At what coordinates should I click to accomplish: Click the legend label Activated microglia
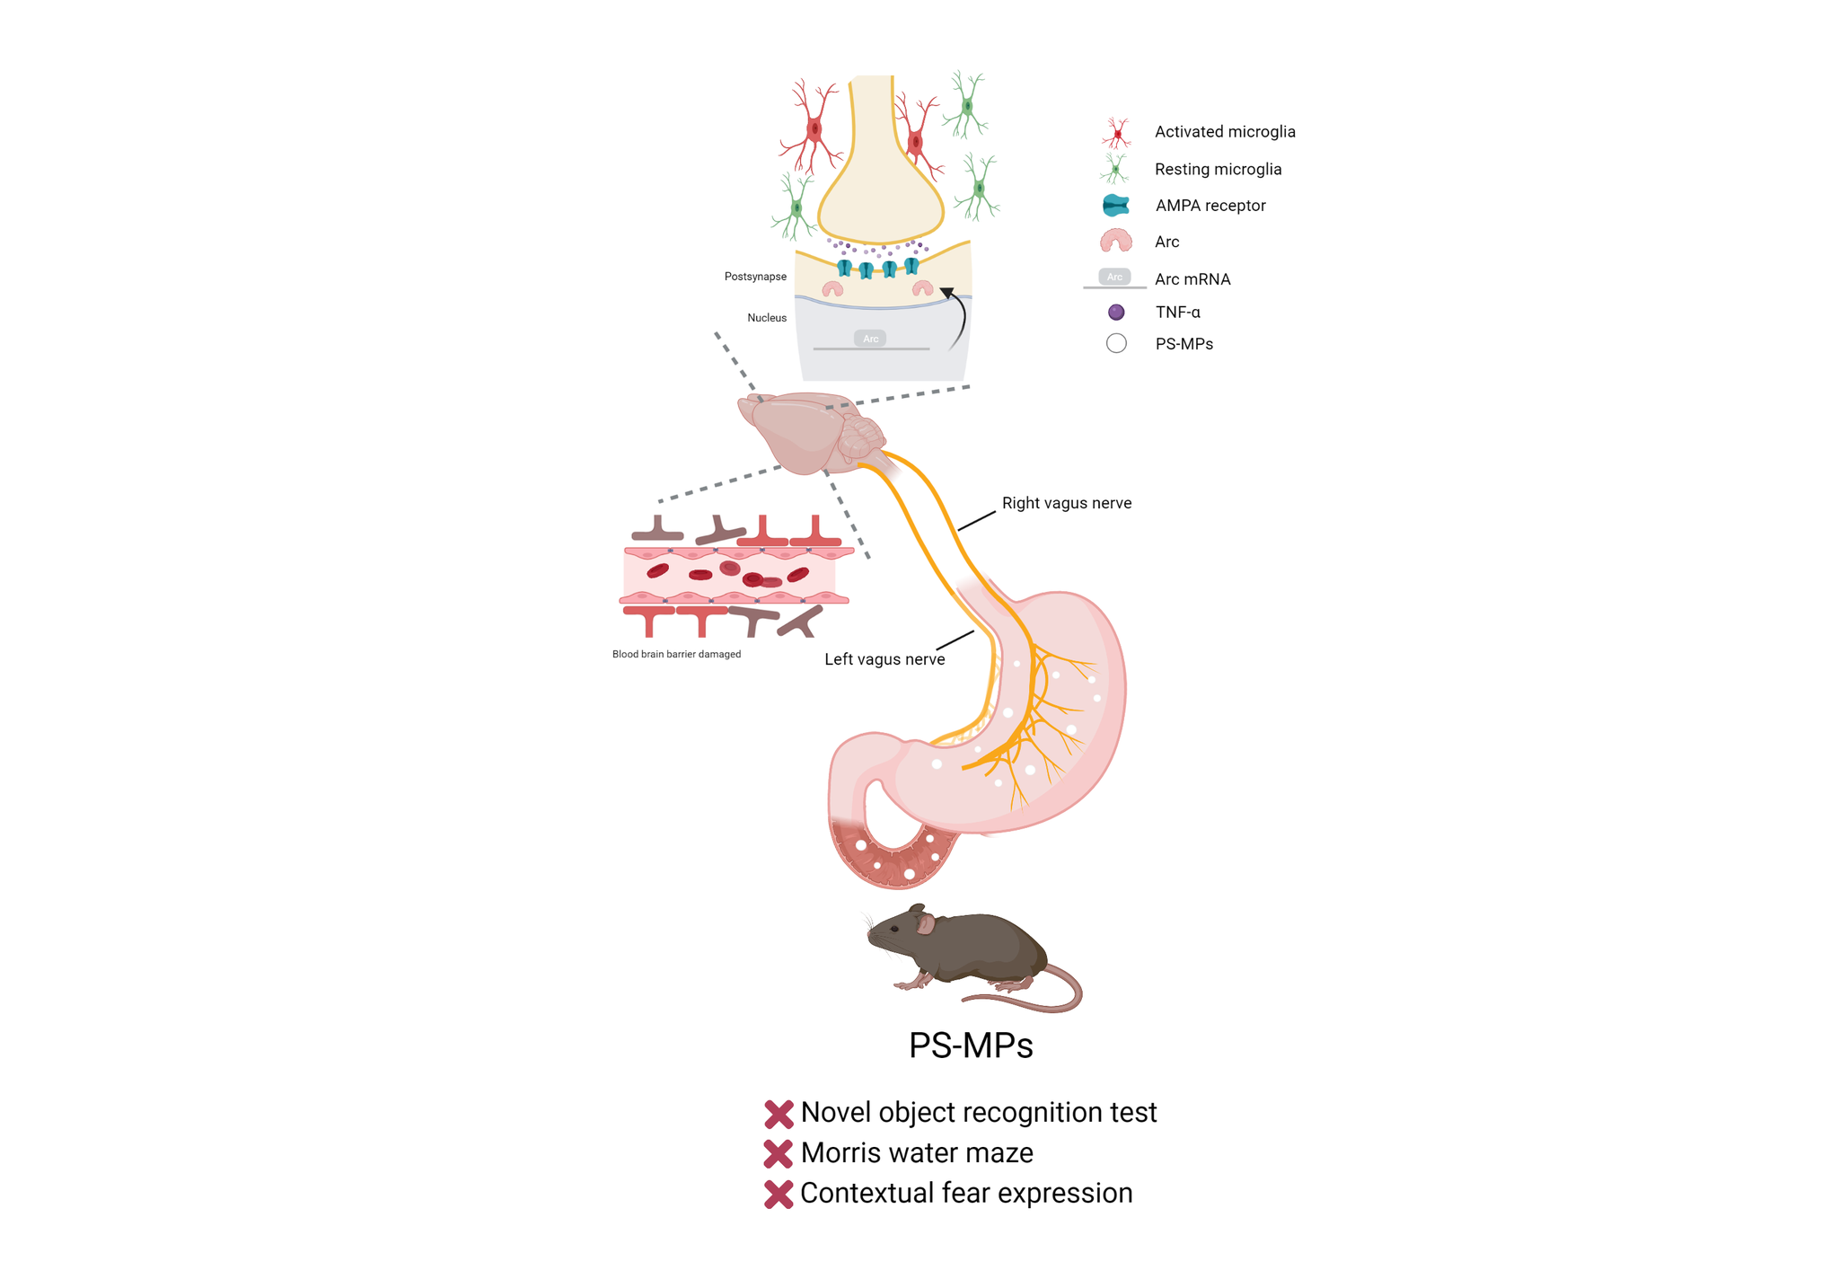(1224, 132)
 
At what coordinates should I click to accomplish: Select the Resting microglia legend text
(1218, 170)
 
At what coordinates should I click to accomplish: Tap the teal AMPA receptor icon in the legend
(1115, 206)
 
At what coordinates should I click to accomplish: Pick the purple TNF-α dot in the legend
(1116, 313)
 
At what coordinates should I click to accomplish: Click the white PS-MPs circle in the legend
(1116, 344)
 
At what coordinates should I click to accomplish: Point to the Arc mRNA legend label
(1192, 279)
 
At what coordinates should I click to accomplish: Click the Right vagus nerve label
(1066, 504)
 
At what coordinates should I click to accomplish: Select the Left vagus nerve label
(884, 659)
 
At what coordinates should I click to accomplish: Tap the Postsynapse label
(755, 277)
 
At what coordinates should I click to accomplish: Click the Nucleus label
(767, 318)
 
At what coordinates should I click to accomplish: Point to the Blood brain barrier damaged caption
(676, 654)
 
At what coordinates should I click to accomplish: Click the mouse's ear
(925, 923)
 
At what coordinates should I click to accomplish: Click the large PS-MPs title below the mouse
(971, 1045)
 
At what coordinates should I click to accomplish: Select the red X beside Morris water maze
(779, 1153)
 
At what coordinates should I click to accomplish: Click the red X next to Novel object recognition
(779, 1114)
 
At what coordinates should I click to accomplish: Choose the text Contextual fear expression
(966, 1193)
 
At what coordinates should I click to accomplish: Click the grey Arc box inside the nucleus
(870, 339)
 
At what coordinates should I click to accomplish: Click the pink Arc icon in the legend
(1115, 241)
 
